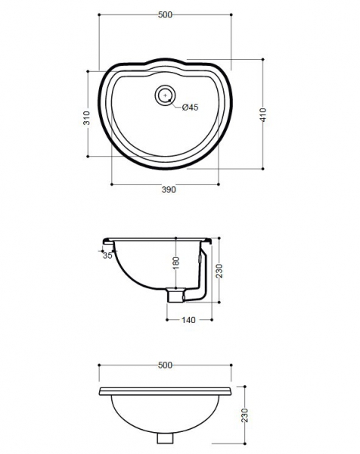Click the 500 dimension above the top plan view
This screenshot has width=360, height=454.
(x=165, y=14)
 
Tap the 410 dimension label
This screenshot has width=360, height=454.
(x=263, y=115)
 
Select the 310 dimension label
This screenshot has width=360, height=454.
(x=86, y=117)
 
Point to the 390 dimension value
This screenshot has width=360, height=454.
(x=169, y=190)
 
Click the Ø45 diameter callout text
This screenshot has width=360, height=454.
(x=190, y=107)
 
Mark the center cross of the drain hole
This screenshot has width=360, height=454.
(x=165, y=95)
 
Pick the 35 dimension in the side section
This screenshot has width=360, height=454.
(x=107, y=256)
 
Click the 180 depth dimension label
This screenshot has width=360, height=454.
(x=175, y=263)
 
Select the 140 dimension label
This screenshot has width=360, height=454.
(x=188, y=320)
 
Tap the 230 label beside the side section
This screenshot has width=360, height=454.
(x=219, y=271)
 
